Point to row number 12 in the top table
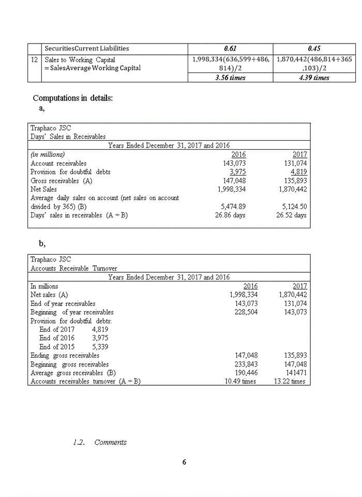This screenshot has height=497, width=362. pyautogui.click(x=34, y=60)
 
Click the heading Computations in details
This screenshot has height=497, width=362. pyautogui.click(x=72, y=98)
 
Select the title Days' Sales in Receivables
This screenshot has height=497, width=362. pyautogui.click(x=68, y=137)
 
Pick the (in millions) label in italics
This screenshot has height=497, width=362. pyautogui.click(x=48, y=154)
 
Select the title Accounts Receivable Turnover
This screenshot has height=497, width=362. pyautogui.click(x=73, y=268)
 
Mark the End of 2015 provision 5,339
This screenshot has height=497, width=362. pyautogui.click(x=100, y=347)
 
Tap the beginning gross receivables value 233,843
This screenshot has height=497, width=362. pyautogui.click(x=246, y=364)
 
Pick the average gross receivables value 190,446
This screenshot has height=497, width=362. pyautogui.click(x=246, y=373)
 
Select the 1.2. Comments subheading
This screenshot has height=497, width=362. pyautogui.click(x=100, y=442)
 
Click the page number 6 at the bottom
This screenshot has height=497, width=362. pyautogui.click(x=184, y=462)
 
